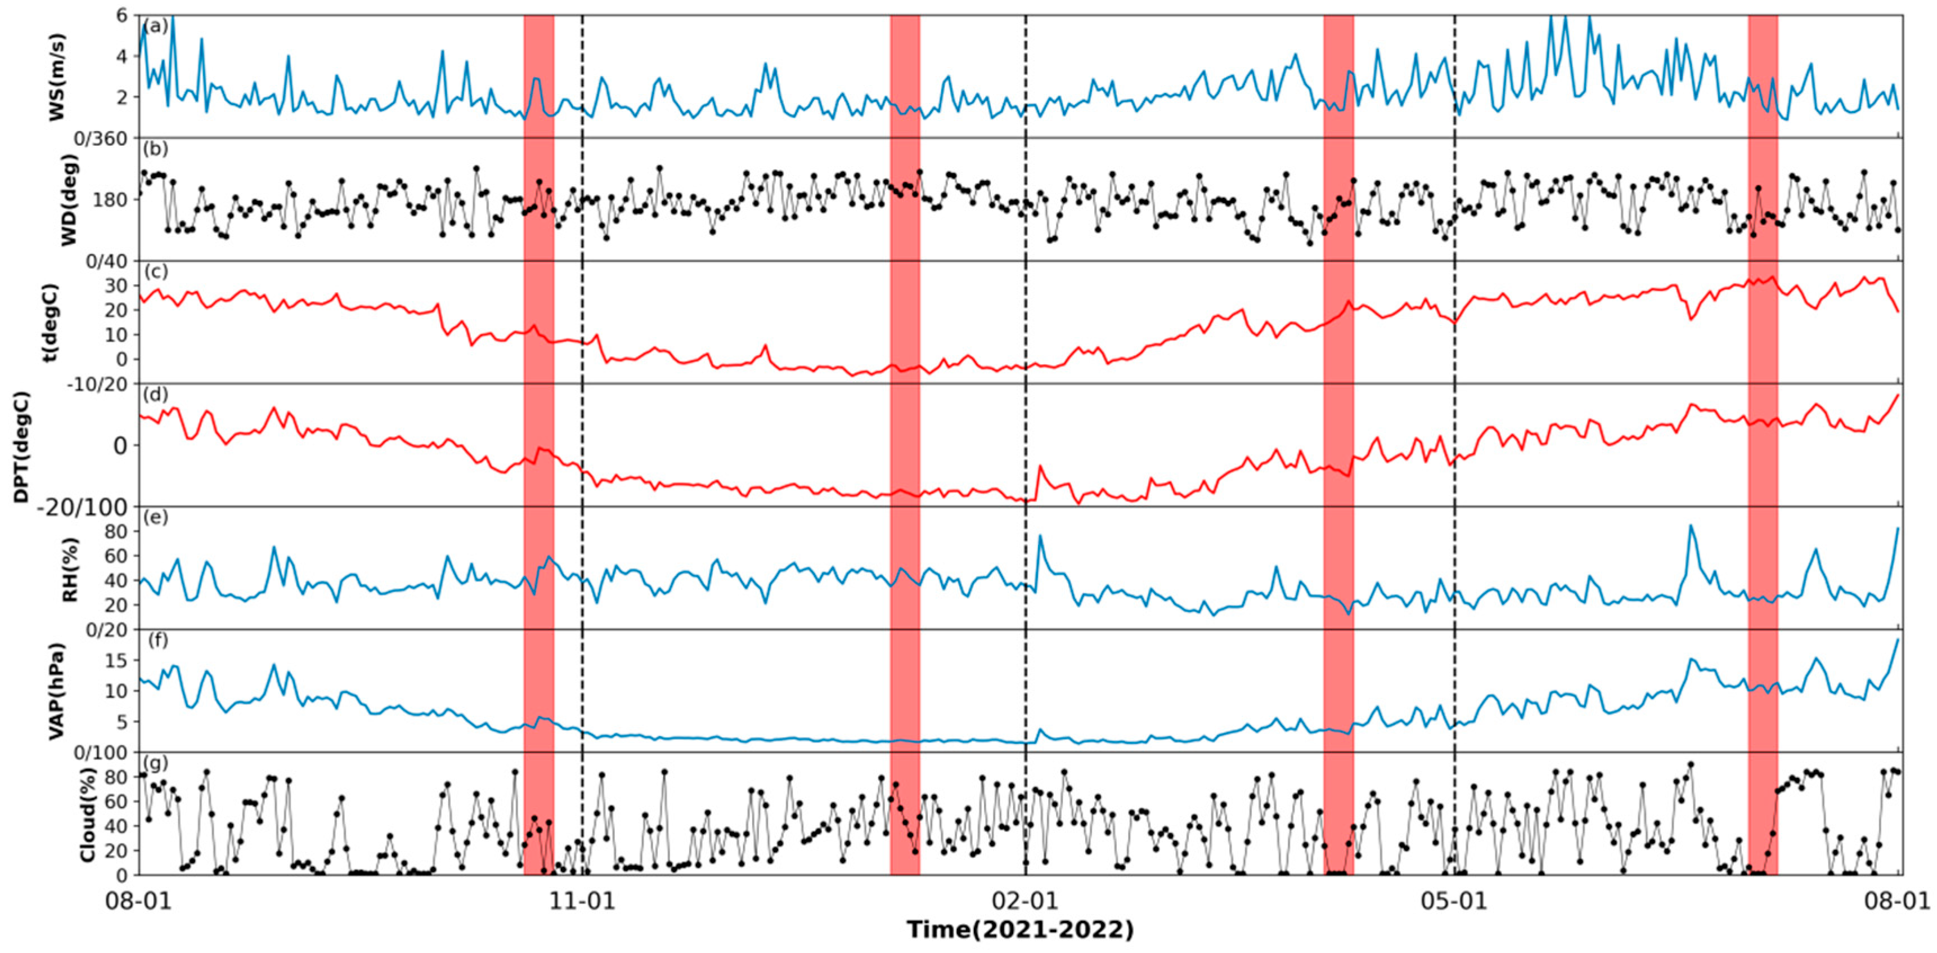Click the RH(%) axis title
69,570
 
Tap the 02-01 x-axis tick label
1025,900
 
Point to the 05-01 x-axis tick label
1454,900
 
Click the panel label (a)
156,26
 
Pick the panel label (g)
156,763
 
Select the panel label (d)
156,395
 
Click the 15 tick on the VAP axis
112,660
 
